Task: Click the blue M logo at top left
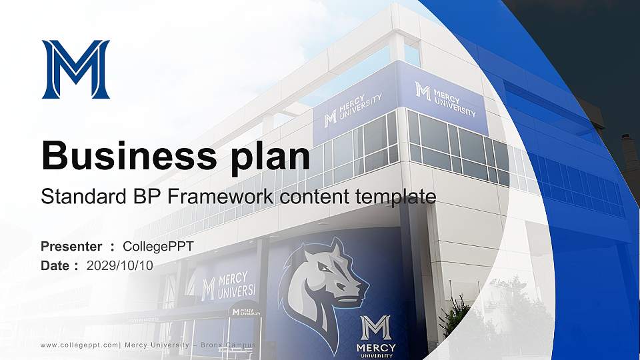click(x=75, y=69)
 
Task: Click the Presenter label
click(x=71, y=247)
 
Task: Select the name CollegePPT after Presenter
click(x=159, y=247)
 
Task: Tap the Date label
click(x=55, y=265)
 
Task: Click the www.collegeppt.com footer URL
click(x=80, y=345)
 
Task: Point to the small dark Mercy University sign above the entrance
click(x=245, y=311)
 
